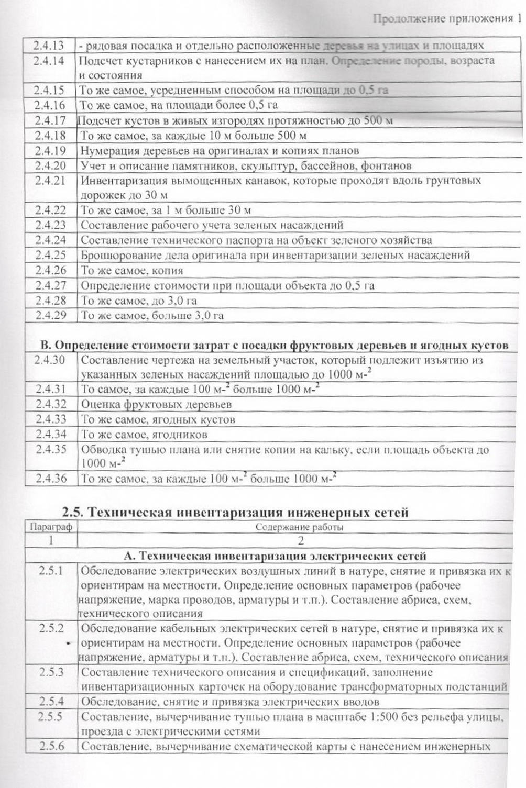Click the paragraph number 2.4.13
point(49,45)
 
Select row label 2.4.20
point(50,165)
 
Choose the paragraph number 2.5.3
point(51,672)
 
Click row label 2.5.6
point(51,746)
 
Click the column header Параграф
point(50,527)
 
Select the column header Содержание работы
point(299,527)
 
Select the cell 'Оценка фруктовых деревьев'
point(156,404)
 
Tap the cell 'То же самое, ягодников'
point(144,435)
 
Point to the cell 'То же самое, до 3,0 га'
point(139,301)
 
